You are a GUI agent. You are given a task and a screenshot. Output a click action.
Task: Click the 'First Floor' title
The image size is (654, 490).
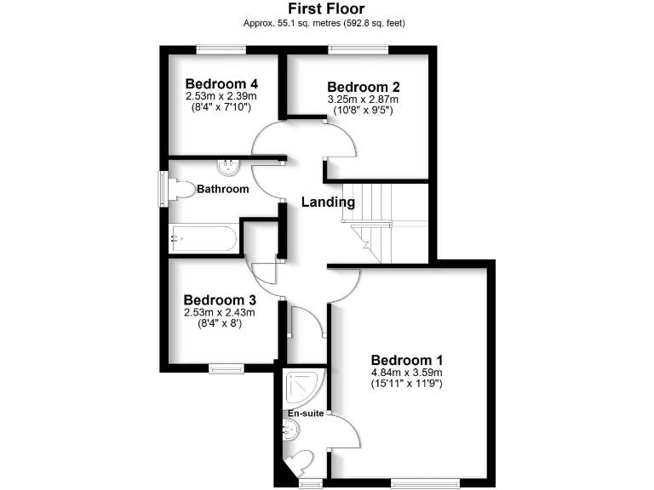click(x=326, y=9)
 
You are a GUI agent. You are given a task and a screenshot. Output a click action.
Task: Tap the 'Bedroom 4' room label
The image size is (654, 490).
click(x=221, y=83)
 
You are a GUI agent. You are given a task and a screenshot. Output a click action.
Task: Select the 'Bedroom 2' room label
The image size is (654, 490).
click(x=364, y=87)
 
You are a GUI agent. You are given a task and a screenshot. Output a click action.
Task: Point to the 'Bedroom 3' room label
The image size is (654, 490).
click(x=220, y=299)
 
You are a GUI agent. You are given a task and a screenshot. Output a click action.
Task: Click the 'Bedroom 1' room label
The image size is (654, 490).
click(x=406, y=359)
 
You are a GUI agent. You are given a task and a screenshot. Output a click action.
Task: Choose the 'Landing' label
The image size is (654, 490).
click(x=328, y=202)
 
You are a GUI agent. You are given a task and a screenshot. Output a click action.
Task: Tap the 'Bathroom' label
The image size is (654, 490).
click(x=223, y=189)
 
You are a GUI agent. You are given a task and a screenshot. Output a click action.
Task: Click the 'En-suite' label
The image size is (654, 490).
click(x=304, y=413)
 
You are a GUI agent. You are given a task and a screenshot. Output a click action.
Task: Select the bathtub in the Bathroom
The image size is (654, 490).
click(x=204, y=238)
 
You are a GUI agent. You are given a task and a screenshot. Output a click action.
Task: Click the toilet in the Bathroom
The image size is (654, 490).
click(x=181, y=189)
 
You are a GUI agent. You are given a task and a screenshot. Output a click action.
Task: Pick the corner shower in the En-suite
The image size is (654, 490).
click(x=302, y=387)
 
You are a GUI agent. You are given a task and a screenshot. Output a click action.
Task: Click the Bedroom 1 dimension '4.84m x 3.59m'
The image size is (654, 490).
click(x=406, y=372)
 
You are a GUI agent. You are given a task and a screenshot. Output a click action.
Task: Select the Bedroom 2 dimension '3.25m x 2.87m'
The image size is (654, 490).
click(x=364, y=100)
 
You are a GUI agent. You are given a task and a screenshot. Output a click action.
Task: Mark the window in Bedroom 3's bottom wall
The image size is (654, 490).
click(x=227, y=368)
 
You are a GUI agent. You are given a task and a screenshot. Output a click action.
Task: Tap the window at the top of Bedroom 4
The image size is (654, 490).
click(x=221, y=48)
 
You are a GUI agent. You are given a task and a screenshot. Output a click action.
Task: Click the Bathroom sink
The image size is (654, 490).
click(x=231, y=165)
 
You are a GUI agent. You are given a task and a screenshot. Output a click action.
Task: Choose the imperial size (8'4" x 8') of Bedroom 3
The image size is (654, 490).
click(x=220, y=324)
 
